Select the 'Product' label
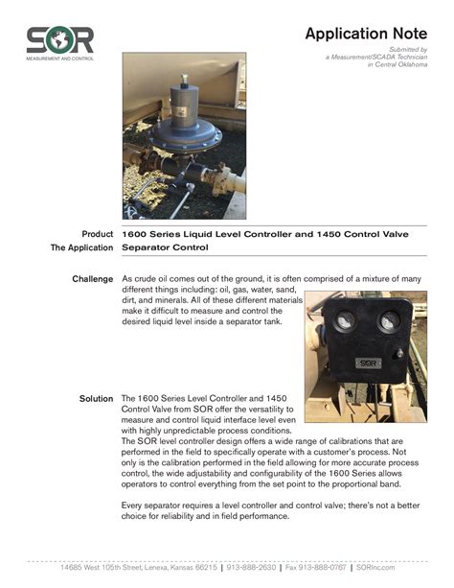[x=98, y=233]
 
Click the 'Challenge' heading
[x=93, y=279]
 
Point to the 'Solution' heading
[x=96, y=397]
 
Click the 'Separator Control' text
[x=165, y=247]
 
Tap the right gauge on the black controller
[x=389, y=322]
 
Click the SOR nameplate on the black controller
[x=368, y=364]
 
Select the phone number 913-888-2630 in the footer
[x=249, y=568]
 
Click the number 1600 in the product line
[x=136, y=233]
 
